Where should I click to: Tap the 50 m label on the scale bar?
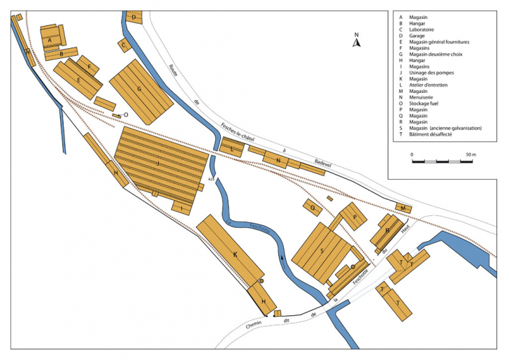click(x=469, y=153)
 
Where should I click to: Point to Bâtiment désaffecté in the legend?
click(x=436, y=134)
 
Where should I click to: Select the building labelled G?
click(x=140, y=89)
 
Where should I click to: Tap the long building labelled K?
click(x=234, y=255)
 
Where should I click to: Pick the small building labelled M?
click(x=403, y=208)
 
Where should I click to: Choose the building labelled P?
click(x=354, y=217)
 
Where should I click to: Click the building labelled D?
click(x=134, y=16)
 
